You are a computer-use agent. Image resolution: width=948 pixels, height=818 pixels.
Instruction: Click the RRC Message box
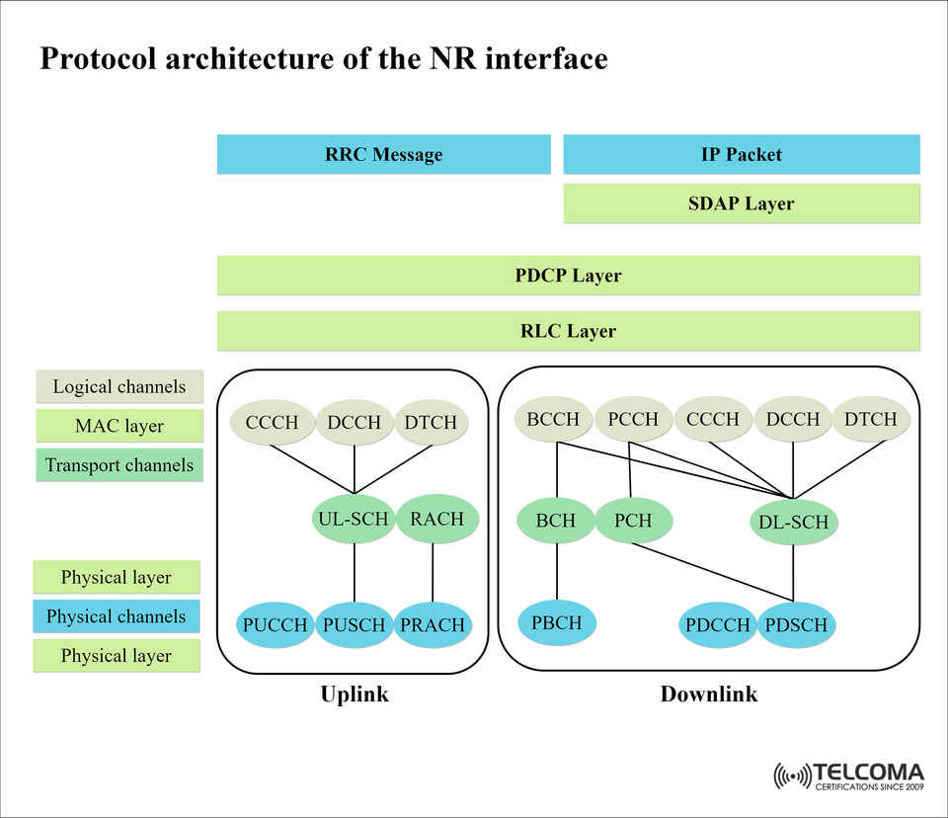coord(383,154)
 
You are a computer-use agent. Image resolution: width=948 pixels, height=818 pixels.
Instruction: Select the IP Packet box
coord(741,154)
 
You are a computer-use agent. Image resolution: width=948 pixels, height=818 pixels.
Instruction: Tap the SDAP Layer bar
coord(741,204)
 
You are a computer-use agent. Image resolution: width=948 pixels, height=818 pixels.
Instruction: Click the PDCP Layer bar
coord(568,275)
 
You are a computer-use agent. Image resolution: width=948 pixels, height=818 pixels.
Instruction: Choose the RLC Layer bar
coord(568,331)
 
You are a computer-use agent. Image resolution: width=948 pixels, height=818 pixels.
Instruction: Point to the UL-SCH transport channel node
coord(354,518)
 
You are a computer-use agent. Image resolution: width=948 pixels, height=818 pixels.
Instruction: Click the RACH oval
coord(436,518)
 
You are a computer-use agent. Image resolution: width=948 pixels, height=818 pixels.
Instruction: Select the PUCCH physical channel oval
coord(274,624)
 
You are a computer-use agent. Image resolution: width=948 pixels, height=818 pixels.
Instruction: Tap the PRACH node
coord(432,624)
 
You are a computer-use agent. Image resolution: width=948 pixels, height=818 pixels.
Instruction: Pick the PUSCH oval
coord(354,624)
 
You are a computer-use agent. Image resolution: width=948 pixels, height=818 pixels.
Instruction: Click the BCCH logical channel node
coord(553,419)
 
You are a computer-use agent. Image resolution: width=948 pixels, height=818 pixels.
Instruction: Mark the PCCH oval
coord(633,419)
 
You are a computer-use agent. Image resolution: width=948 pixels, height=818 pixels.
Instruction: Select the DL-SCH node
coord(795,522)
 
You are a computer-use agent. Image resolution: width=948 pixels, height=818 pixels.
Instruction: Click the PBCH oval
coord(557,622)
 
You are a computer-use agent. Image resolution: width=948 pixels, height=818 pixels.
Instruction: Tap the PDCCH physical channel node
coord(718,624)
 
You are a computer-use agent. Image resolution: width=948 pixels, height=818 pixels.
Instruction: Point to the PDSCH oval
coord(797,624)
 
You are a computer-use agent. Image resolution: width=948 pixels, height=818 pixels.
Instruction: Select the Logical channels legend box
coord(118,386)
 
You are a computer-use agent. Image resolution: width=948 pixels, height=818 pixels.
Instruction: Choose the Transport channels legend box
coord(118,464)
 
